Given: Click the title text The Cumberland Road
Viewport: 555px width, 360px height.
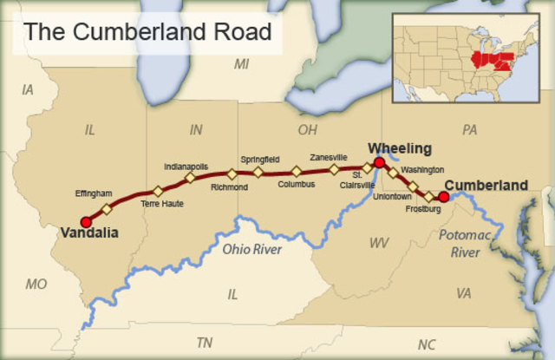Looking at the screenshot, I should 147,32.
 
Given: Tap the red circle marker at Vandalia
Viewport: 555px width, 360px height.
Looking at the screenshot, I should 86,222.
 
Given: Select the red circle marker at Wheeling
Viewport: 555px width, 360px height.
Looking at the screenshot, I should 379,162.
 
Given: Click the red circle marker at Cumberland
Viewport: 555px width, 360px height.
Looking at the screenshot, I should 443,197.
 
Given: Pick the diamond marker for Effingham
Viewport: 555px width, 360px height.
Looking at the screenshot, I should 107,209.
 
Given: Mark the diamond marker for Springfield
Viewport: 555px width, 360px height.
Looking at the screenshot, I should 258,172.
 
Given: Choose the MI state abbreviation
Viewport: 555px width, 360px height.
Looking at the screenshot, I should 242,64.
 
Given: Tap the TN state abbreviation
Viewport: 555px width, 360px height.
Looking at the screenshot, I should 205,342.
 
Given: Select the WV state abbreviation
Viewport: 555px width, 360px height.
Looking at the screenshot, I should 378,245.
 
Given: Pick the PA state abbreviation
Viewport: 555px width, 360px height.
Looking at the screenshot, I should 470,130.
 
